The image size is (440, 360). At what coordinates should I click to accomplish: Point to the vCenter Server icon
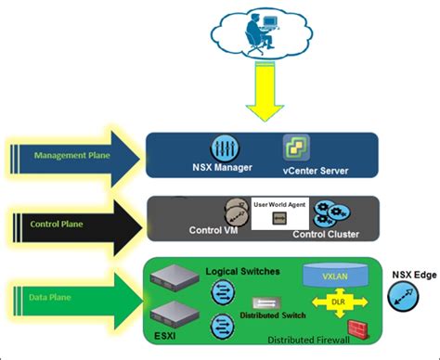[x=296, y=147]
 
